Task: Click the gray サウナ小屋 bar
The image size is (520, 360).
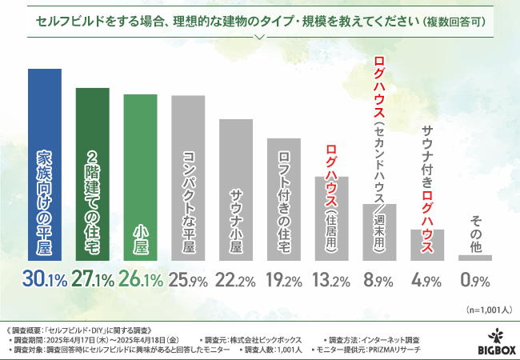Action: click(x=236, y=190)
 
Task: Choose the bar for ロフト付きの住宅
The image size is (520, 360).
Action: click(x=284, y=199)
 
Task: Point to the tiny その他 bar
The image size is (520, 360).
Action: click(x=475, y=258)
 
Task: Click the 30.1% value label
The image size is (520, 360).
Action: click(x=45, y=280)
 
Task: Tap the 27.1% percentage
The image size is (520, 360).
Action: click(x=93, y=280)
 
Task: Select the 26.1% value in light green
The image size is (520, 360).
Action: click(x=141, y=280)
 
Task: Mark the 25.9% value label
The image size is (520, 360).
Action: click(x=189, y=280)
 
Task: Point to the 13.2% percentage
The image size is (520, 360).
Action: click(x=332, y=280)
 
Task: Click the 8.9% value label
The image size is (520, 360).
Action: click(x=380, y=280)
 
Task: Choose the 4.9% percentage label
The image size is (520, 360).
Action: click(x=428, y=280)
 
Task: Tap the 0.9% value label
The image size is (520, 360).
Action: click(x=475, y=280)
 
